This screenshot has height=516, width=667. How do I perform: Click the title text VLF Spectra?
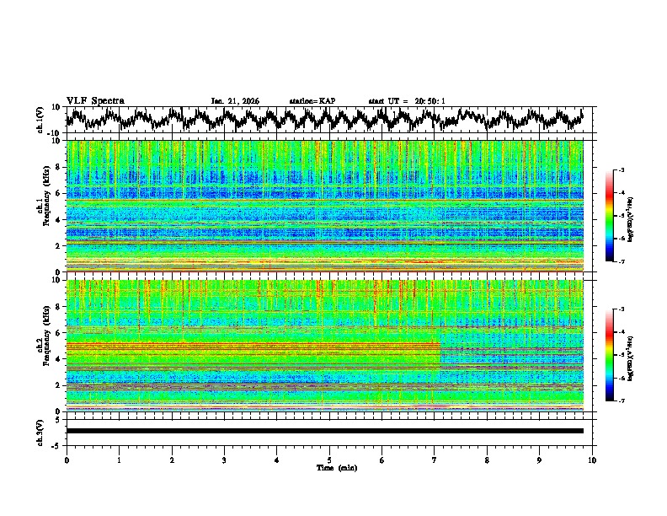pos(95,100)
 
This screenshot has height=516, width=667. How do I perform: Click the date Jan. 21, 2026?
pos(235,101)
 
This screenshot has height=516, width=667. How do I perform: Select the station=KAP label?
pos(312,101)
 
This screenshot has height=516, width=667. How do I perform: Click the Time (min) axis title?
pos(329,467)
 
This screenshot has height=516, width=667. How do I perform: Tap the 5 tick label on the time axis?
pos(329,460)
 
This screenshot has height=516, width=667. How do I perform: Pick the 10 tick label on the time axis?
pos(592,460)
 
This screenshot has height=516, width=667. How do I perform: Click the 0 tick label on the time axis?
pos(67,460)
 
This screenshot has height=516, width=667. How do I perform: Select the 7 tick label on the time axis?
pos(435,460)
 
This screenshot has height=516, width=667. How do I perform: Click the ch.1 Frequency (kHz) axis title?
pos(49,206)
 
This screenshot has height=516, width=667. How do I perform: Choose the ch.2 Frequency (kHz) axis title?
pos(49,345)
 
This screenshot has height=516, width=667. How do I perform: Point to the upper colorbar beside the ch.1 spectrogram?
pos(610,216)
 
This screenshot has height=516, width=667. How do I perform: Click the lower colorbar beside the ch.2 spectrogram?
pos(610,355)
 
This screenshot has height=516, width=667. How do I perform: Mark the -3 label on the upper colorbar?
pos(621,170)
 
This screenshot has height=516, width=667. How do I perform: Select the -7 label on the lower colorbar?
pos(621,401)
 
